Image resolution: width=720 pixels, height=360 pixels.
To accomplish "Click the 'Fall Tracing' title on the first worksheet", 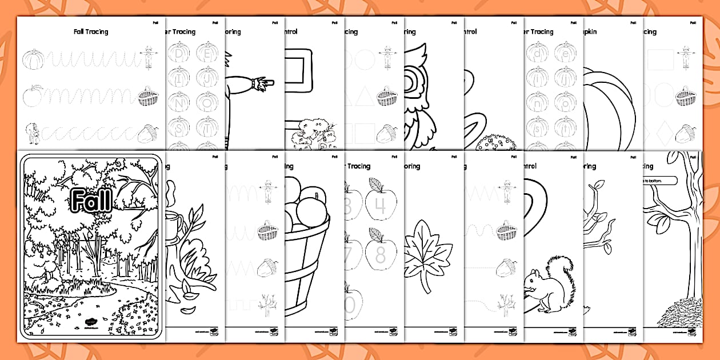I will click(x=91, y=32).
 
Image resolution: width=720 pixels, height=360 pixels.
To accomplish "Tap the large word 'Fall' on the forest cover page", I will click(x=91, y=200).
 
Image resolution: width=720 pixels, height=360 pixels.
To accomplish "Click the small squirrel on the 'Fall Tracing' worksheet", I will click(x=33, y=135).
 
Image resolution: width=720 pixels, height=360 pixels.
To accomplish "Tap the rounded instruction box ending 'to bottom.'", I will click(x=657, y=181).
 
